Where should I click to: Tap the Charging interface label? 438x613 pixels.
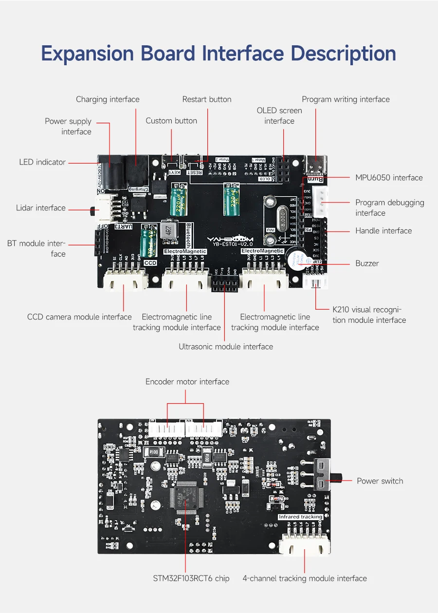(108, 99)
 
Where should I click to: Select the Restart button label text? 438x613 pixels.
(207, 99)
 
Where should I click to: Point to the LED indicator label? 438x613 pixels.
(42, 162)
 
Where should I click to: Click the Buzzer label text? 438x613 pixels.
(367, 263)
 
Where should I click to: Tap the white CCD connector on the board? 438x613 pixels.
(126, 282)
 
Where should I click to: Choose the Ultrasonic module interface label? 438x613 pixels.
(226, 347)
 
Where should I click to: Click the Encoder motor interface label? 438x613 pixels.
(187, 382)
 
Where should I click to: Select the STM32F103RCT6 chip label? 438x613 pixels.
(191, 578)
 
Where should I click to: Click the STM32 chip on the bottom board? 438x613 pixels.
(185, 497)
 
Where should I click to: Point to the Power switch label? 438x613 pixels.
(380, 481)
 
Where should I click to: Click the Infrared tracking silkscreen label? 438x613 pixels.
(300, 517)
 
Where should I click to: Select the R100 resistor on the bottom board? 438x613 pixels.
(154, 452)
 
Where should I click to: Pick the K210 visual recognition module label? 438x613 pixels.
(369, 315)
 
